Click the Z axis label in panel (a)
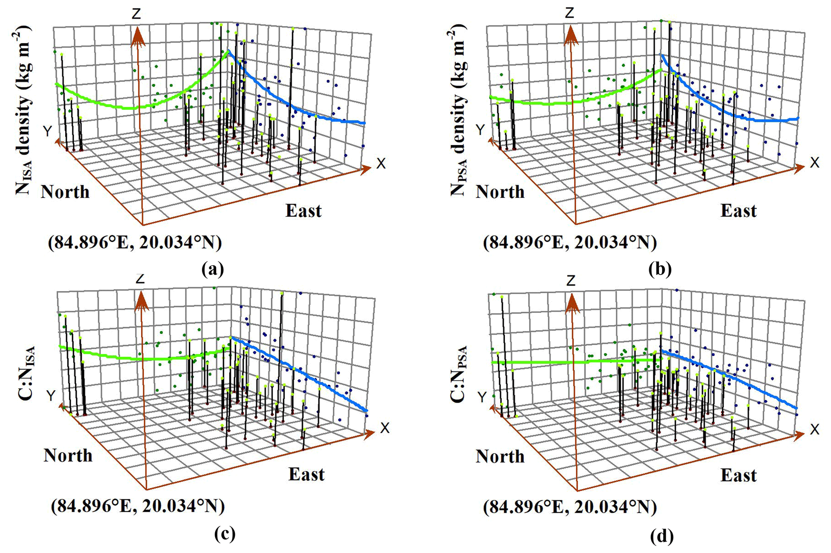click(137, 14)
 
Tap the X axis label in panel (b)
click(814, 162)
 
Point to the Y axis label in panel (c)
click(51, 396)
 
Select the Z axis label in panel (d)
click(570, 280)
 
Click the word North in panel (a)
click(65, 192)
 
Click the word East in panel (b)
click(738, 211)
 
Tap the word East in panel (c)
click(306, 474)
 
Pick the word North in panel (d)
click(500, 456)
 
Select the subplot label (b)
click(660, 269)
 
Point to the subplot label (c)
click(225, 534)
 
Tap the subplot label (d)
click(661, 536)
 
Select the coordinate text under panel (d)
click(570, 507)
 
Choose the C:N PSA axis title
click(458, 374)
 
